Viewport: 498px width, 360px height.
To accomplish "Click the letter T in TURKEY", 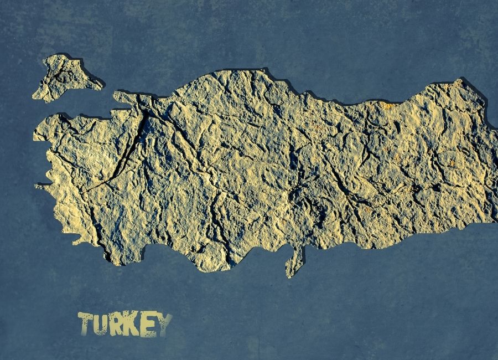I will coord(86,323).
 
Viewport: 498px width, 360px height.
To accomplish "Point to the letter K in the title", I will coord(132,325).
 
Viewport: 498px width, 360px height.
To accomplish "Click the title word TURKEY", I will coord(125,325).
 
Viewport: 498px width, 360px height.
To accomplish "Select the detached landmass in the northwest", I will coord(65,78).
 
